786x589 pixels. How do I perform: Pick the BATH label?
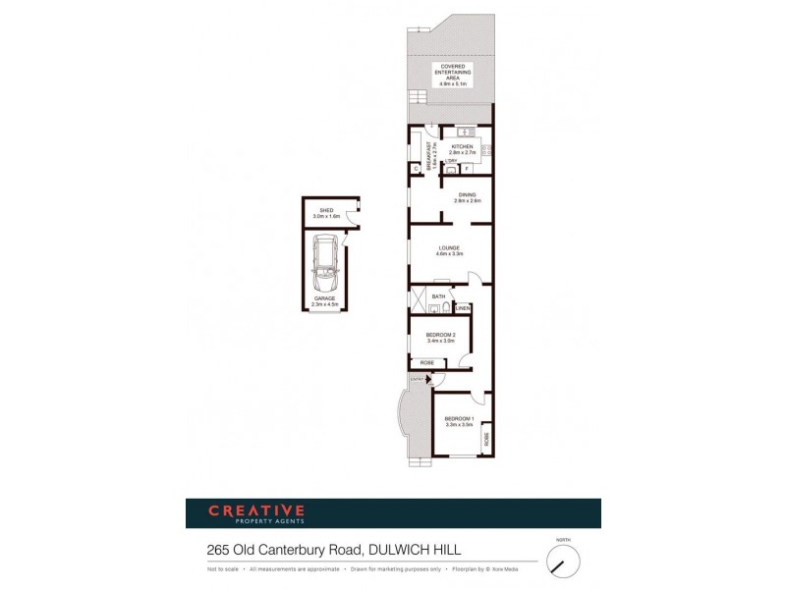tap(438, 295)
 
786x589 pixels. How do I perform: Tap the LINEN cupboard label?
tap(463, 308)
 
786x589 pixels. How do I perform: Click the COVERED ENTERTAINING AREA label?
tap(453, 77)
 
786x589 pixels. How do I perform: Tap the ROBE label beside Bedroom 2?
tap(427, 363)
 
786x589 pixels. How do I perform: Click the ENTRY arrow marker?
tap(428, 378)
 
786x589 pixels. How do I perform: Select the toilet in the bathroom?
tap(447, 307)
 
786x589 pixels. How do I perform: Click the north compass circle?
tap(563, 562)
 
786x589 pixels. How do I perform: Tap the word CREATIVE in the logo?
tap(255, 509)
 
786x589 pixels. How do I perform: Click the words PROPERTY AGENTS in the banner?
tap(255, 521)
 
